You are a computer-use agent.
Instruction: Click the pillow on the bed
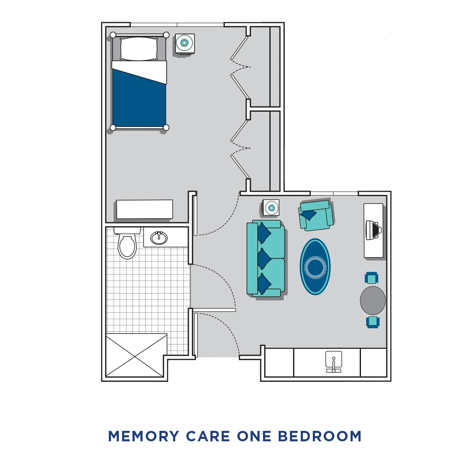pyautogui.click(x=139, y=49)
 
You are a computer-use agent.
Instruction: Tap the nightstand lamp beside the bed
pyautogui.click(x=185, y=43)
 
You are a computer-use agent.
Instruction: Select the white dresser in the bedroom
pyautogui.click(x=145, y=209)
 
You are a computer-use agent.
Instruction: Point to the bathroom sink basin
pyautogui.click(x=159, y=238)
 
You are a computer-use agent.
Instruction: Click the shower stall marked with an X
pyautogui.click(x=136, y=356)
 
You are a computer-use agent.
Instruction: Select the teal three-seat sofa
pyautogui.click(x=266, y=258)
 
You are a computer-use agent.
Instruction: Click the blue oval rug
pyautogui.click(x=315, y=267)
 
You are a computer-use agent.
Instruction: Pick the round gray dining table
pyautogui.click(x=373, y=300)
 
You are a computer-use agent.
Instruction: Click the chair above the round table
pyautogui.click(x=371, y=278)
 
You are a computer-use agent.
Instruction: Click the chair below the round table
pyautogui.click(x=373, y=322)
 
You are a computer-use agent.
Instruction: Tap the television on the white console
pyautogui.click(x=373, y=230)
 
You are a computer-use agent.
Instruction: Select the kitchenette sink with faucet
pyautogui.click(x=333, y=362)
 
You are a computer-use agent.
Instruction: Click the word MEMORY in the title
pyautogui.click(x=143, y=436)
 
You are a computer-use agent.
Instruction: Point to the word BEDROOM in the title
pyautogui.click(x=320, y=436)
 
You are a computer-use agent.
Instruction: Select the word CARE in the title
pyautogui.click(x=208, y=436)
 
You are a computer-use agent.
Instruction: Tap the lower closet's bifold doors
pyautogui.click(x=240, y=149)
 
